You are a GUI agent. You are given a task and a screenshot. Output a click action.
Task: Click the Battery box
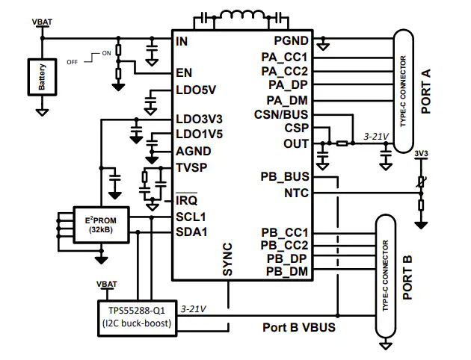click(42, 77)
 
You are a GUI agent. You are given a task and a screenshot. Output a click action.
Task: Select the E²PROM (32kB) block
click(101, 224)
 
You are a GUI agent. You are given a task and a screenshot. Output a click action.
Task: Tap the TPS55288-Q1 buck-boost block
click(137, 318)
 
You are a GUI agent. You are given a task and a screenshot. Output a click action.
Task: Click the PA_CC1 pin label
click(284, 57)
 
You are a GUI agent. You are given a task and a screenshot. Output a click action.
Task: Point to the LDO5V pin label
click(196, 90)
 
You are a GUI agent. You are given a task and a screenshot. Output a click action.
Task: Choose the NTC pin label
click(296, 193)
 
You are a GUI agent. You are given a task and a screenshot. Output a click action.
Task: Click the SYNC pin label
click(227, 259)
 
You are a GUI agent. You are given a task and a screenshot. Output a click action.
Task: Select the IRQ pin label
click(187, 200)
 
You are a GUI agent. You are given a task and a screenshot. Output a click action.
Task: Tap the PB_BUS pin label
click(284, 177)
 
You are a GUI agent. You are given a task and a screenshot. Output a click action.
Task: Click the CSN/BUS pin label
click(281, 114)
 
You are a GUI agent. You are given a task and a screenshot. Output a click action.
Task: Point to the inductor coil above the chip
click(241, 15)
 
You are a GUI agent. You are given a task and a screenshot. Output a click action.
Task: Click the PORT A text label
click(426, 91)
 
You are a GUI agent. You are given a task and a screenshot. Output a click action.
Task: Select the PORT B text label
click(407, 278)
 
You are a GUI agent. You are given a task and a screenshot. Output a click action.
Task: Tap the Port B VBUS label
click(299, 327)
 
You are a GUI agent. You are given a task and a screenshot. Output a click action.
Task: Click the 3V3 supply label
click(421, 154)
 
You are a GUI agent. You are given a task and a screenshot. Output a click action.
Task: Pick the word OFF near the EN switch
click(72, 62)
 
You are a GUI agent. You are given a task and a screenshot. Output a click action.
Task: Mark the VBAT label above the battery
click(42, 22)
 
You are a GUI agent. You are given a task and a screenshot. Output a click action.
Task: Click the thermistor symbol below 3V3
click(421, 181)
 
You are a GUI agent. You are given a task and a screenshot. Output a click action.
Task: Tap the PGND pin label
click(291, 41)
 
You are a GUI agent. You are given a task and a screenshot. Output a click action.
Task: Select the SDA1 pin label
click(191, 232)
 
